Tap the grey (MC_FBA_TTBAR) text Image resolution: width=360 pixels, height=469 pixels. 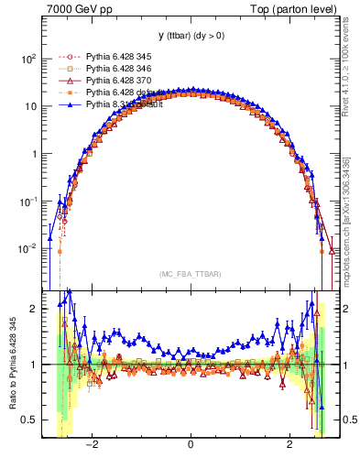[190, 273]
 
